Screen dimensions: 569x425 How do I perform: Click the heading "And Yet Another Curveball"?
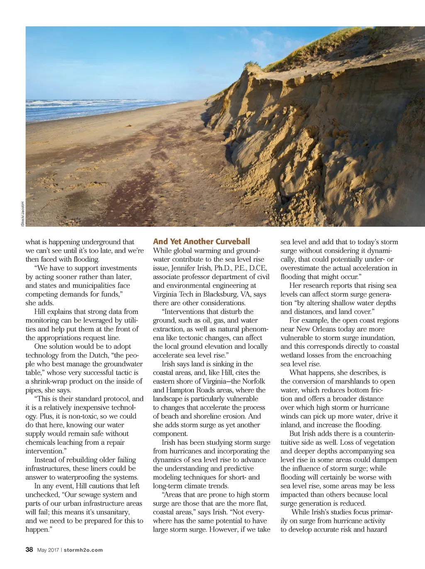[201, 241]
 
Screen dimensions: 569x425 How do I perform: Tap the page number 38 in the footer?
[29, 549]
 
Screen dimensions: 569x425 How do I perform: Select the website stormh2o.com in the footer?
[83, 550]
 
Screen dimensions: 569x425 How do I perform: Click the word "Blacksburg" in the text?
[220, 294]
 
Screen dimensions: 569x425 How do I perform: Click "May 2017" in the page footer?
[48, 550]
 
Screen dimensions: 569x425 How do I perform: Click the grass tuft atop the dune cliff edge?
[251, 65]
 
